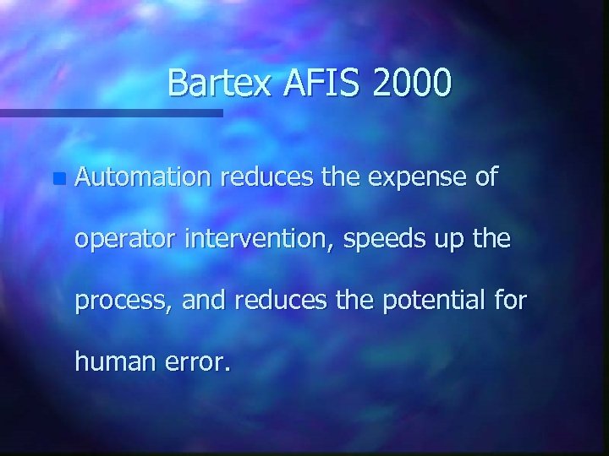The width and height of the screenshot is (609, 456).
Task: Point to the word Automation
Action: coord(142,177)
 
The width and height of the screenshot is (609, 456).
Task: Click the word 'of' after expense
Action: coord(486,177)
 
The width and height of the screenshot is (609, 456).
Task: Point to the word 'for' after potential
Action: coord(508,300)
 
